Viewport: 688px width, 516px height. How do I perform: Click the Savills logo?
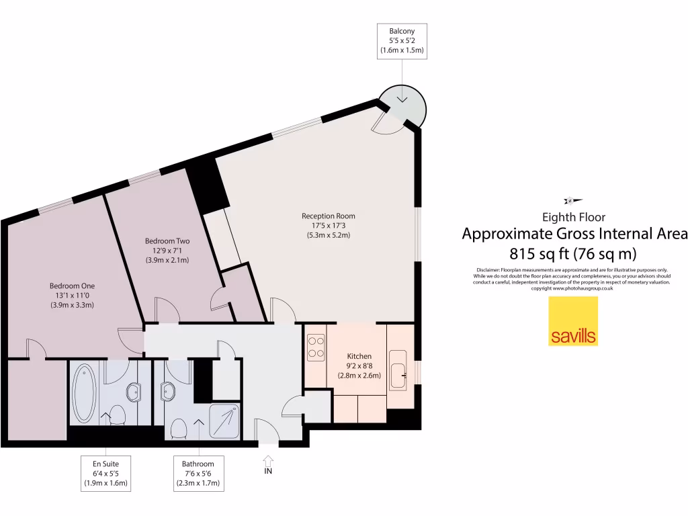pyautogui.click(x=573, y=321)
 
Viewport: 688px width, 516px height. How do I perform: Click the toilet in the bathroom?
pyautogui.click(x=179, y=427)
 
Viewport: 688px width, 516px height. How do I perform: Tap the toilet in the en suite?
pyautogui.click(x=118, y=416)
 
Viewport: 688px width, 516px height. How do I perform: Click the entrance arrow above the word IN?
pyautogui.click(x=268, y=461)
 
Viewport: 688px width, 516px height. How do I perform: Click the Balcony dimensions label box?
pyautogui.click(x=402, y=40)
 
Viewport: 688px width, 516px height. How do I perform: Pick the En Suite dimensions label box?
pyautogui.click(x=105, y=473)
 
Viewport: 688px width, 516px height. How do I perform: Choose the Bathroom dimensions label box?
pyautogui.click(x=198, y=473)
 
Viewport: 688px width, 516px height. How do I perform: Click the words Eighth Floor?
pyautogui.click(x=573, y=217)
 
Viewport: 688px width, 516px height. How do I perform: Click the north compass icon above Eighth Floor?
pyautogui.click(x=573, y=200)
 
